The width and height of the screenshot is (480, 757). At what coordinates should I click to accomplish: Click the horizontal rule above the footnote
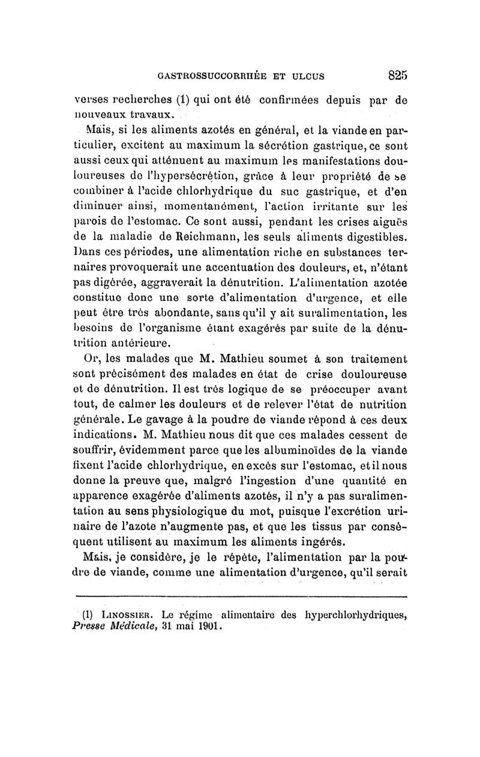click(239, 597)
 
